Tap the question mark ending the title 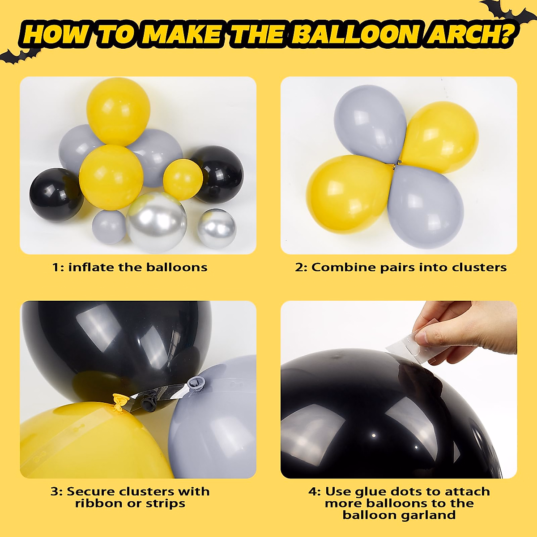[x=506, y=34]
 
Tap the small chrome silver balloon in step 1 [x=217, y=229]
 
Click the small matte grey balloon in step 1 [x=109, y=227]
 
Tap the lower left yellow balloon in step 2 [x=349, y=192]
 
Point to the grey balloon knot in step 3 [x=196, y=382]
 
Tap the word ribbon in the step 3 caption [x=98, y=503]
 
